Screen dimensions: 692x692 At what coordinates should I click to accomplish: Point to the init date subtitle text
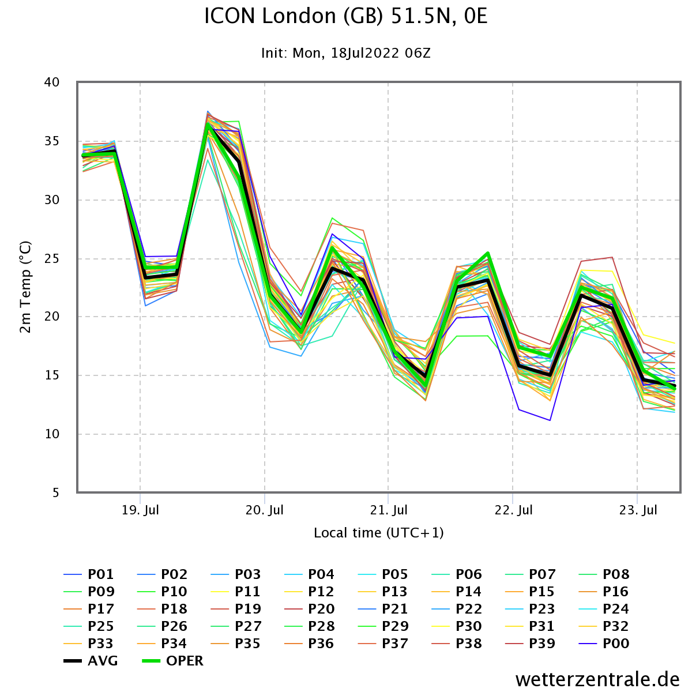coord(345,54)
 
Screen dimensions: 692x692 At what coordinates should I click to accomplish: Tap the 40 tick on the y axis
coord(52,82)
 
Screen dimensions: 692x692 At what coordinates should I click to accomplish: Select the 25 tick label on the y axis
coord(52,258)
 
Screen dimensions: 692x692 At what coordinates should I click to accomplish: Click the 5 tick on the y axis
coord(56,492)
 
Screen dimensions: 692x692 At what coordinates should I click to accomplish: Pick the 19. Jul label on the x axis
coord(141,510)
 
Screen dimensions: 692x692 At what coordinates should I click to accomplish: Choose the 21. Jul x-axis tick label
coord(389,510)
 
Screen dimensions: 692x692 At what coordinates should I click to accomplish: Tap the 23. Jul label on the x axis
coord(638,510)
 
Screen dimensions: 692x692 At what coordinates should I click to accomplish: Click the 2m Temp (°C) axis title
coord(26,287)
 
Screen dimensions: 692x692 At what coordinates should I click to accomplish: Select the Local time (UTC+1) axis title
coord(379,533)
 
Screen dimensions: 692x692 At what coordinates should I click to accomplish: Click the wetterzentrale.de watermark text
coord(597,679)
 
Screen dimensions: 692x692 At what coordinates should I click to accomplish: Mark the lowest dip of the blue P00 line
coord(550,420)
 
